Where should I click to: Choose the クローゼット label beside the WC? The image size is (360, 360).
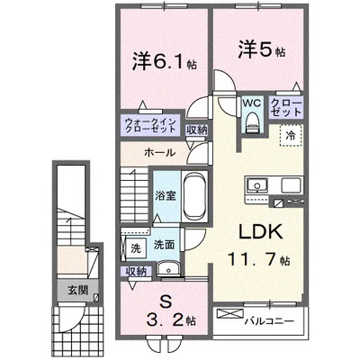pos(287,109)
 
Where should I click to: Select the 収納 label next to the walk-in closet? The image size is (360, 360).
pos(196,130)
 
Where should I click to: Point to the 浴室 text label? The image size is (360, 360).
pos(165,195)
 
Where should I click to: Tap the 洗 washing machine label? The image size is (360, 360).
pos(136,244)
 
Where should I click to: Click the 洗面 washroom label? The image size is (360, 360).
pos(164,244)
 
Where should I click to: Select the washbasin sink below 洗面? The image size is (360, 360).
pos(166,268)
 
